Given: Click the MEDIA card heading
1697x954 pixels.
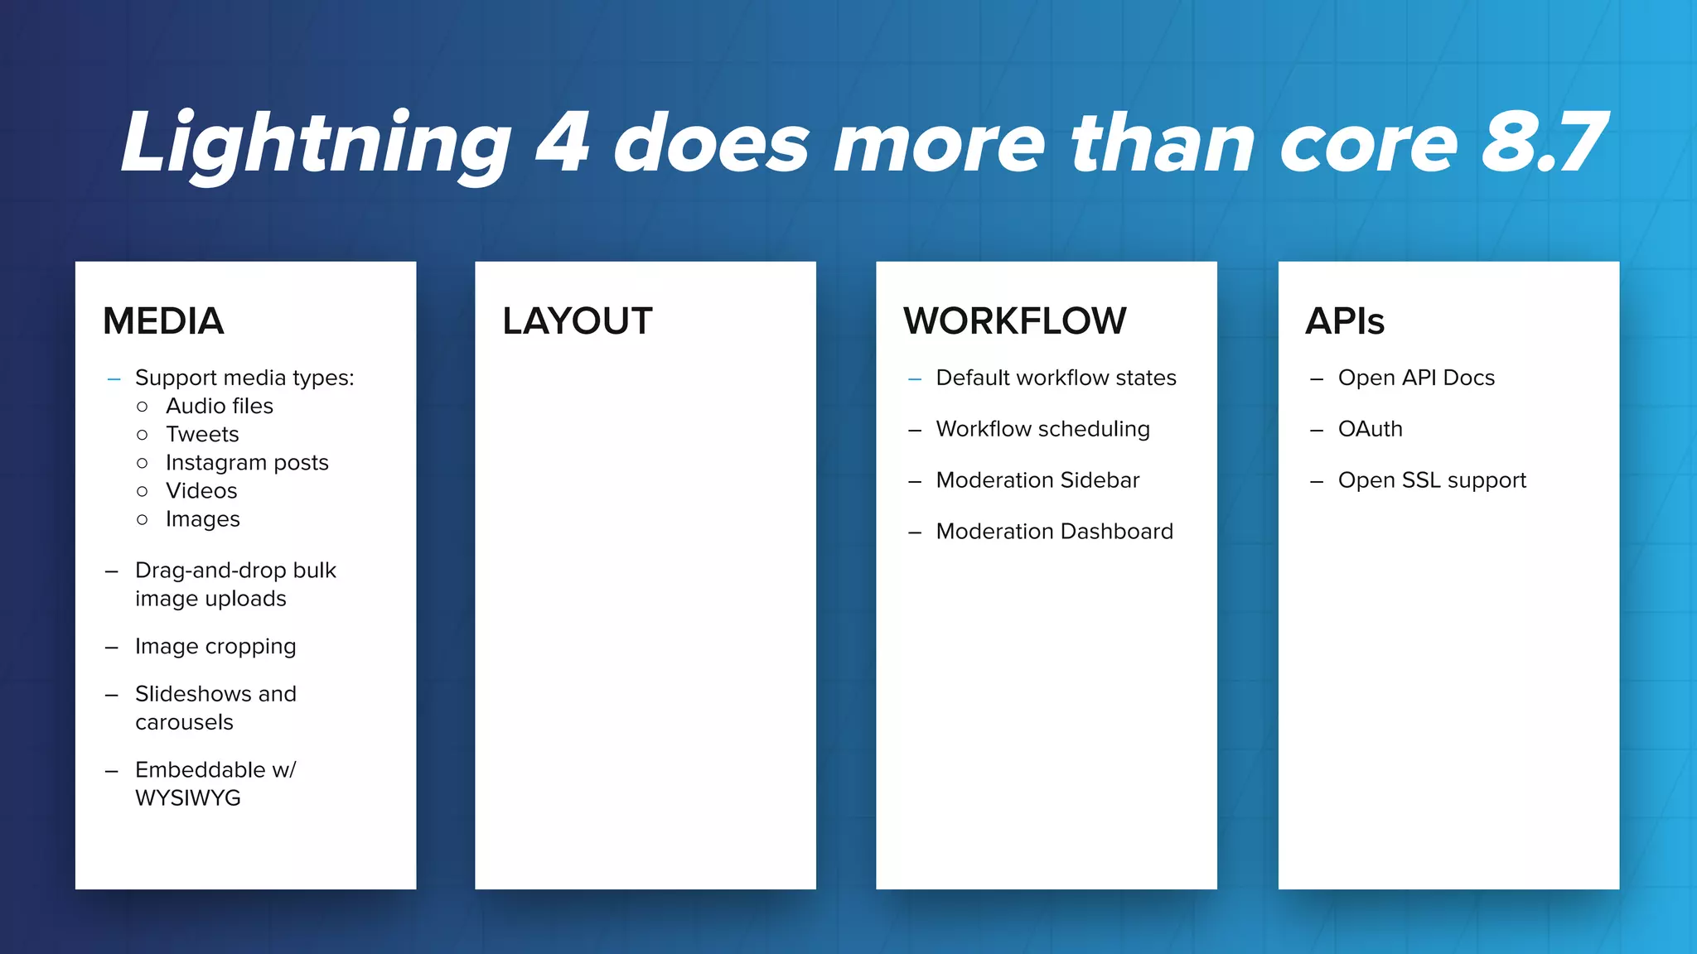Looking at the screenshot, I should (x=163, y=321).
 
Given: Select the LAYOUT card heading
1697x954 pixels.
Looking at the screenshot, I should (x=577, y=321).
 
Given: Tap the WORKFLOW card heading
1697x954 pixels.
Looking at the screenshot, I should (x=1014, y=321).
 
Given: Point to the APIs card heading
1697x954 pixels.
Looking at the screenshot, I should (x=1344, y=321).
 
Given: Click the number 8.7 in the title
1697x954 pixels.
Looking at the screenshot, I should (x=1543, y=144).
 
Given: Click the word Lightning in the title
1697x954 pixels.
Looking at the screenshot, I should (x=316, y=144).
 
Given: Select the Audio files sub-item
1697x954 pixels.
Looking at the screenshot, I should (x=219, y=406).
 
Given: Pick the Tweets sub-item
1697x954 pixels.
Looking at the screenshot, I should (x=202, y=434).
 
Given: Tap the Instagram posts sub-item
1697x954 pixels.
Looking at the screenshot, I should (x=247, y=462).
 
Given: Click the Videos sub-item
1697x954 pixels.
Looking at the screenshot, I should (x=201, y=490).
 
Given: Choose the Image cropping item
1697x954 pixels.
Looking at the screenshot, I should (x=215, y=646).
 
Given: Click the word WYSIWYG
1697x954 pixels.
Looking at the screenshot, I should (x=188, y=797).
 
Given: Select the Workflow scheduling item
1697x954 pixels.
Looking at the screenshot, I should (x=1042, y=429).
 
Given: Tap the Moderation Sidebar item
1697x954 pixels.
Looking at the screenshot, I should (x=1037, y=480).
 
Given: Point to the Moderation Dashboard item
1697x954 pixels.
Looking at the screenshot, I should (x=1054, y=531).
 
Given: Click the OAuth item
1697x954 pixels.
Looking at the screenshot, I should (x=1370, y=429).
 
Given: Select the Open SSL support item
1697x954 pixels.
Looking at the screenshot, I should (x=1431, y=480).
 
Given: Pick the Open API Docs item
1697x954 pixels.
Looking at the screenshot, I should (x=1416, y=378).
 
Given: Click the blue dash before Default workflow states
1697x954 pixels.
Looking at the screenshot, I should (x=915, y=379).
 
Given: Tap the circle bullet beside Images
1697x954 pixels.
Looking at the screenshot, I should (x=143, y=519).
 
